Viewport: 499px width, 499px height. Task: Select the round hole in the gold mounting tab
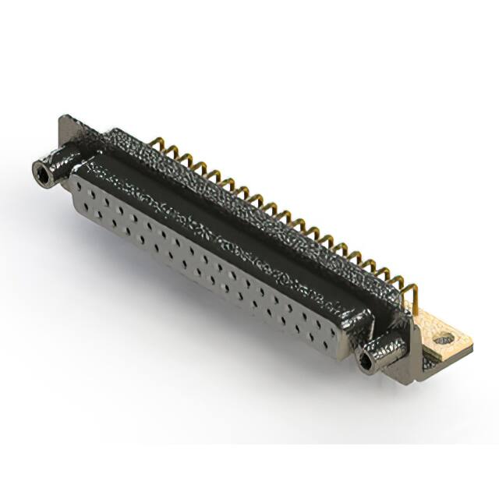pyautogui.click(x=444, y=339)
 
